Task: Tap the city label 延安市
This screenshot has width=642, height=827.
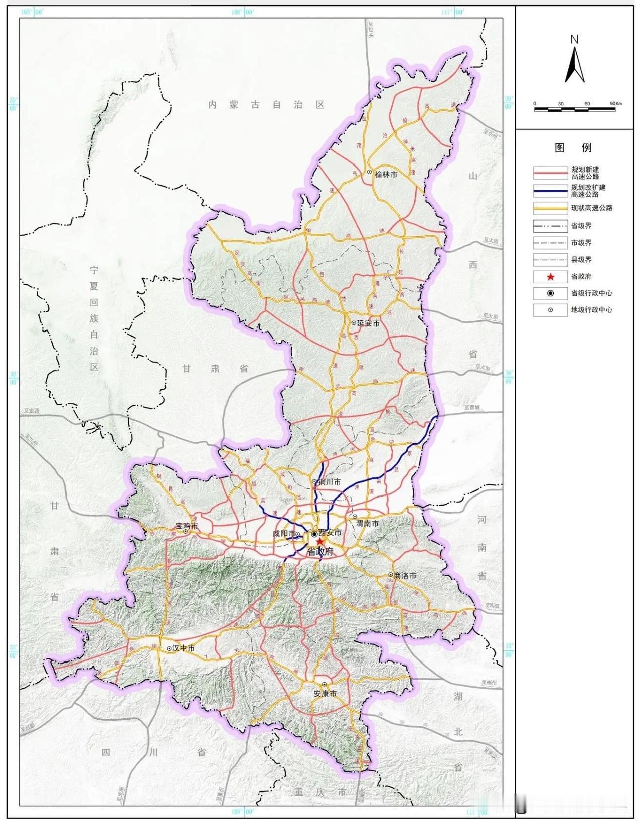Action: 368,323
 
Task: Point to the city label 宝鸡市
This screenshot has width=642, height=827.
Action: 187,527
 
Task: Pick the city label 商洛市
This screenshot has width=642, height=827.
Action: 405,576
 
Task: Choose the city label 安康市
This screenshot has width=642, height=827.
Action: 325,694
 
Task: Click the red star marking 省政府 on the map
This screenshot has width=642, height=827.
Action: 320,542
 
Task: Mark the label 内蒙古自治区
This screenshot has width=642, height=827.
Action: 267,105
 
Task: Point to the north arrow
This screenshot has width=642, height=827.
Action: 575,63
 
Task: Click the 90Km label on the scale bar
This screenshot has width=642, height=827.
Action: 615,103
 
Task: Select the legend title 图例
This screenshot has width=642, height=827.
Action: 573,148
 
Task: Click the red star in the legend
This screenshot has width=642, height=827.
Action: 550,277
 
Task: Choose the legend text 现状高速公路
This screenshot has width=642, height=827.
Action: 592,208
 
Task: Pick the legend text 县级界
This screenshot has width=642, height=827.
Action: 581,260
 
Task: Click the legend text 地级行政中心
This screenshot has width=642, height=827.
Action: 592,310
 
